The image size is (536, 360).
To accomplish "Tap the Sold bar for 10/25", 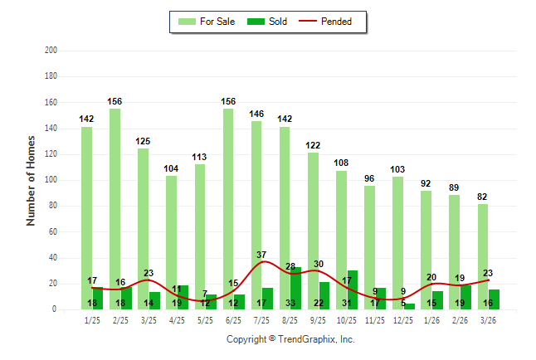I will (353, 289).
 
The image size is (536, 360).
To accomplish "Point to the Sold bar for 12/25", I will (410, 306).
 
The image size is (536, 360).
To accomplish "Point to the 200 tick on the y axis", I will (51, 51).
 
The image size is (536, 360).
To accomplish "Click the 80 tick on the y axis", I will (53, 206).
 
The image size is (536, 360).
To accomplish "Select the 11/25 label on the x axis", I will (375, 320).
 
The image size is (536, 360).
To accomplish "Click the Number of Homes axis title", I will (32, 180).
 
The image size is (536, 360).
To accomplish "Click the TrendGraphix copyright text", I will (290, 339).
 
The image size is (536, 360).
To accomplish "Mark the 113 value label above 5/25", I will (200, 156).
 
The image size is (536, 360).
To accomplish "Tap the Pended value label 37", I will (262, 254).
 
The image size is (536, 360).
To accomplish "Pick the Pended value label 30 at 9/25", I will (319, 264).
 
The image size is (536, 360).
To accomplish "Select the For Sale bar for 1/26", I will (426, 250).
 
